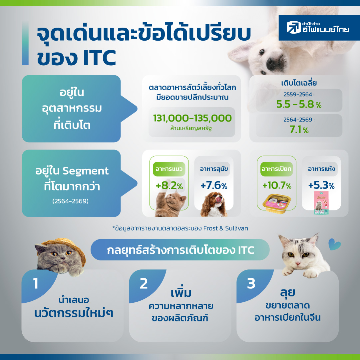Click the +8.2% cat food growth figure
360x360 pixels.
click(169, 185)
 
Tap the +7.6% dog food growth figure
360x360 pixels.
click(214, 185)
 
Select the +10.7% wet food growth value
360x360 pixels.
click(277, 185)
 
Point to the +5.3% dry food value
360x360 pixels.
click(321, 185)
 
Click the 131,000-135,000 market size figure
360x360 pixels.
click(192, 118)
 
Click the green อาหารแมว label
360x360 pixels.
click(169, 169)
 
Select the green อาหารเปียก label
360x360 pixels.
click(276, 169)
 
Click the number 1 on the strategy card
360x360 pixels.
click(36, 283)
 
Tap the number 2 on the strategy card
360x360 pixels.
click(144, 283)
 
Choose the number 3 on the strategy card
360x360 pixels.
click(251, 283)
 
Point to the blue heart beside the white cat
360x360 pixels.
click(334, 244)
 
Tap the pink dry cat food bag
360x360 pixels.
click(321, 203)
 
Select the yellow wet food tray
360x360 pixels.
click(277, 203)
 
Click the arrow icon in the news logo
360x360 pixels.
click(294, 27)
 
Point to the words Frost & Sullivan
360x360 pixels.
click(226, 228)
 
